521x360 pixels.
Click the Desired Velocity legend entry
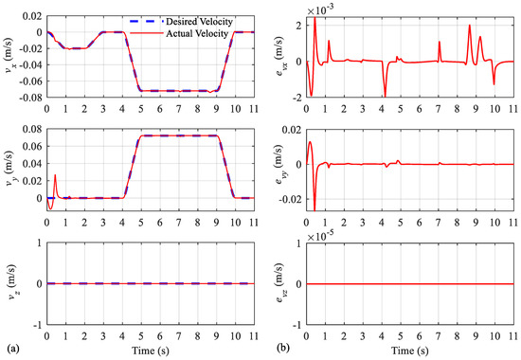181,22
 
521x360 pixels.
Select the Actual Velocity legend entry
179,33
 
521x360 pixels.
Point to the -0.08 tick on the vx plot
32,98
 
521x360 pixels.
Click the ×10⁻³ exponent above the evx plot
320,11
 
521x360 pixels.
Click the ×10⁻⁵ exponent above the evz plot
320,237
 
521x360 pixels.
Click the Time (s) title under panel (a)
151,351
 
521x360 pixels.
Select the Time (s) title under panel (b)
409,351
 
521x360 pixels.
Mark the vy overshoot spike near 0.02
55,175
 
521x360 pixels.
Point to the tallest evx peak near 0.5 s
314,17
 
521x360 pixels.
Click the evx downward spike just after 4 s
386,96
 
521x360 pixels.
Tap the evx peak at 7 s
440,42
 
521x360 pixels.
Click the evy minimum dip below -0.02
314,209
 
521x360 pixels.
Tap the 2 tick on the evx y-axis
298,26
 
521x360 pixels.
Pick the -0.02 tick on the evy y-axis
290,199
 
